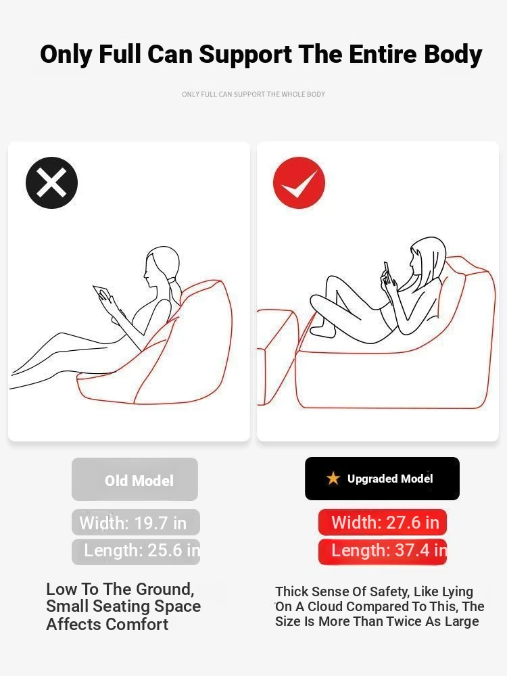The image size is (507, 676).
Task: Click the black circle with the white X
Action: pyautogui.click(x=52, y=183)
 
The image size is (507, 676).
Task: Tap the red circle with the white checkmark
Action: pyautogui.click(x=299, y=183)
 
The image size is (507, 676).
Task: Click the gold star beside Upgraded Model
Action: pyautogui.click(x=333, y=478)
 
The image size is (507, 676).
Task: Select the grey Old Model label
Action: pyautogui.click(x=135, y=479)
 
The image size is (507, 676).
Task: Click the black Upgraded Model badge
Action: pyautogui.click(x=382, y=479)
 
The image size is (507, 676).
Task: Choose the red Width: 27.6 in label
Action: pyautogui.click(x=383, y=522)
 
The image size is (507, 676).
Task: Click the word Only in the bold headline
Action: pyautogui.click(x=66, y=55)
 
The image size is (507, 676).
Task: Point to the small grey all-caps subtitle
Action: pyautogui.click(x=254, y=94)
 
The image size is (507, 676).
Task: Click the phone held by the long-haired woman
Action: pyautogui.click(x=387, y=271)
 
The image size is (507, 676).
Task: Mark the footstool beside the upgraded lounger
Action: pyautogui.click(x=276, y=356)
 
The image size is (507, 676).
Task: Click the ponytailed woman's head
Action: pyautogui.click(x=161, y=266)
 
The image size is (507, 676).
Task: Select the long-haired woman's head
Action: pyautogui.click(x=427, y=257)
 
